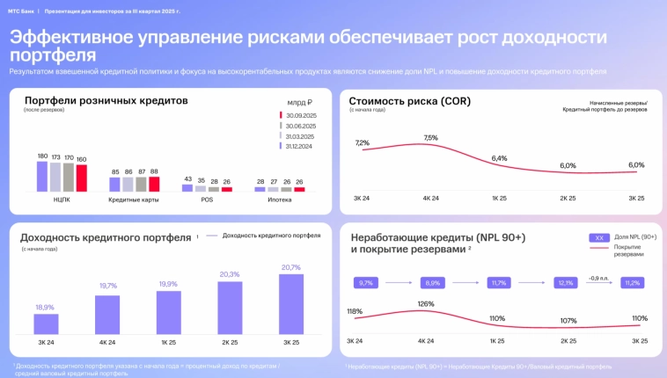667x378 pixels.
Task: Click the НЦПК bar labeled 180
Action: (x=41, y=176)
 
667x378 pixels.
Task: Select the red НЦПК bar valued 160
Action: (x=82, y=178)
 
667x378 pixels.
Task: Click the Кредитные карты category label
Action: (x=134, y=200)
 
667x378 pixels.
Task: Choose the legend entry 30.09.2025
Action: (x=299, y=115)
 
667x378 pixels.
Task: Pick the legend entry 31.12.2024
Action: (x=299, y=146)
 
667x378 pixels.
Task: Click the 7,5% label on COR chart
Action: (x=430, y=138)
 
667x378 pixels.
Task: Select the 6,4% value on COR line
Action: (x=499, y=158)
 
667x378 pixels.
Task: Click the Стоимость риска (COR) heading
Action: (x=409, y=101)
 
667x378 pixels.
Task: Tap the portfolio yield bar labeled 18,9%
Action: (x=46, y=323)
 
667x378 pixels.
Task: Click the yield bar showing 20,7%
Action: (x=290, y=304)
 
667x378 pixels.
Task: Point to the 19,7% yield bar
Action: (x=107, y=314)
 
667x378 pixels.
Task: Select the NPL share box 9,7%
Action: (x=366, y=283)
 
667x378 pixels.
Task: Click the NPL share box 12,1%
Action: (x=566, y=283)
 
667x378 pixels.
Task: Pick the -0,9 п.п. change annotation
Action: (x=598, y=278)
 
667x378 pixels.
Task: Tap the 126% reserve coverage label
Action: (x=426, y=304)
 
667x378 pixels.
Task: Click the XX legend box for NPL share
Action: (x=598, y=237)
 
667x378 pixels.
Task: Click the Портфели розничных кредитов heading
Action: (x=106, y=100)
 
